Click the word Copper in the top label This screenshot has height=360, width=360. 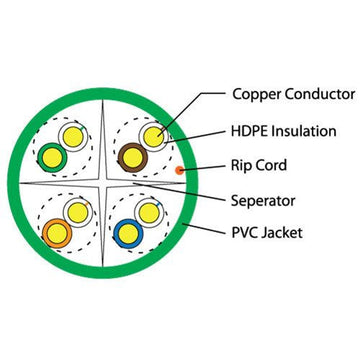pos(257,95)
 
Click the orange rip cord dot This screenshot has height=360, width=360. pos(179,171)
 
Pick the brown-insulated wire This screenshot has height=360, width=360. pos(131,155)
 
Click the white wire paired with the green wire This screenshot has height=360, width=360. pos(69,136)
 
